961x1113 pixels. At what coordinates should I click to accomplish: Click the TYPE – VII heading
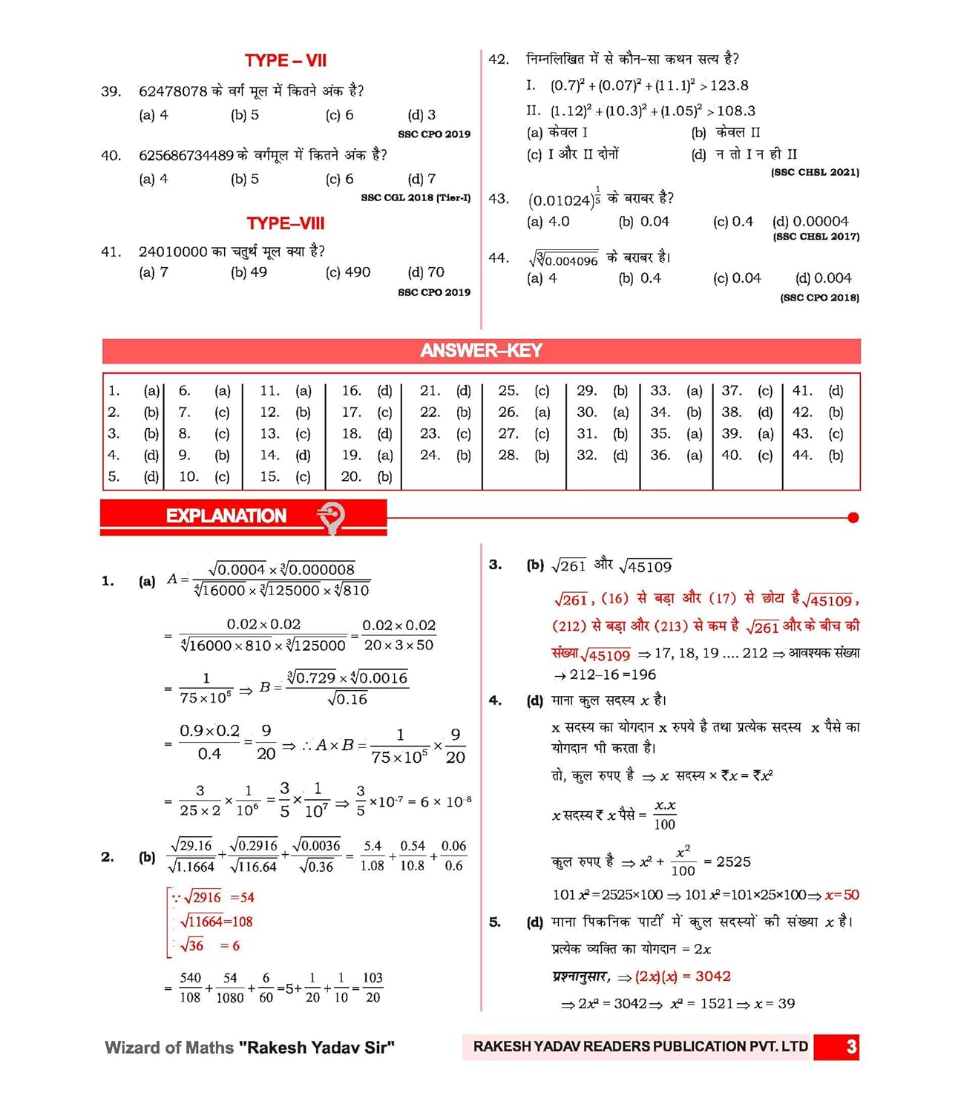click(286, 61)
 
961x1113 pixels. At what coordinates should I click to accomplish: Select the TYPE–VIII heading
click(286, 223)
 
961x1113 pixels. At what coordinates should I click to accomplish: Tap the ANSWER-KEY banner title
click(481, 351)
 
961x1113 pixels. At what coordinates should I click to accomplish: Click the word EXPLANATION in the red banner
click(226, 516)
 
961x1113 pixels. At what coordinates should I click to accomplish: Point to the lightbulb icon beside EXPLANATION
click(331, 516)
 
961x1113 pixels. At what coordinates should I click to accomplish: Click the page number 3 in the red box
click(850, 1047)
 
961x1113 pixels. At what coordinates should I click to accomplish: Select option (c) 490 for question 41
click(347, 272)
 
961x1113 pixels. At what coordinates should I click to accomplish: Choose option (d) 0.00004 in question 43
click(810, 221)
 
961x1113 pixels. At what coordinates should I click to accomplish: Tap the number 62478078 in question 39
click(173, 91)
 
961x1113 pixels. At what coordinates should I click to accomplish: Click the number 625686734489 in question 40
click(186, 155)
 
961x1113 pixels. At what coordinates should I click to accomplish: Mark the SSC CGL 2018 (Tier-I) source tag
click(416, 197)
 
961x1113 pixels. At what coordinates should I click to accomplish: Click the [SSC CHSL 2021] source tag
click(815, 172)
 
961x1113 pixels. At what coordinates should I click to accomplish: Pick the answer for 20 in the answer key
click(384, 476)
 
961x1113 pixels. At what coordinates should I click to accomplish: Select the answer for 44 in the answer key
click(836, 455)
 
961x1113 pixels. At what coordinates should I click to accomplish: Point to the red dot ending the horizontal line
click(853, 518)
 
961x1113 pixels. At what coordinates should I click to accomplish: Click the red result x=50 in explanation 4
click(842, 895)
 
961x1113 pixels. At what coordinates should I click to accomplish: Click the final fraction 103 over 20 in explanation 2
click(373, 988)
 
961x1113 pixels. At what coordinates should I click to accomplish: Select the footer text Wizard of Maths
click(169, 1048)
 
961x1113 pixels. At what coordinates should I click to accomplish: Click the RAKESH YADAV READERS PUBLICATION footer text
click(640, 1046)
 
